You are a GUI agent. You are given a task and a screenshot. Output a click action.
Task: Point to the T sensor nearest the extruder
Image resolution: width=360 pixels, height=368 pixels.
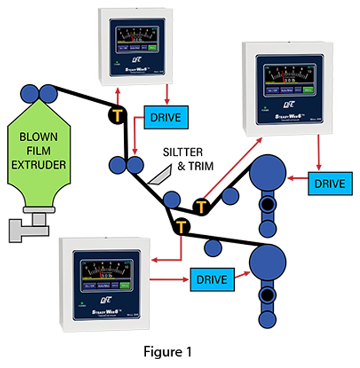[116, 115]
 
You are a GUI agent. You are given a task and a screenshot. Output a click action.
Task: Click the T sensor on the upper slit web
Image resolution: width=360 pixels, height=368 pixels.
[200, 206]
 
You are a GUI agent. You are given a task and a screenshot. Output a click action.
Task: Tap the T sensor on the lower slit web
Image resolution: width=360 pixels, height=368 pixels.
[181, 224]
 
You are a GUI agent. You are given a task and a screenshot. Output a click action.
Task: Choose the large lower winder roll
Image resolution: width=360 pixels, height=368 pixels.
[268, 260]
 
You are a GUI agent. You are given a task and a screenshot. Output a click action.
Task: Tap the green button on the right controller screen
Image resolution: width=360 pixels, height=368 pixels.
[308, 90]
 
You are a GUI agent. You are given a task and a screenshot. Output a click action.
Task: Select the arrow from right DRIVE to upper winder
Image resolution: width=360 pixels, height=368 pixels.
[297, 179]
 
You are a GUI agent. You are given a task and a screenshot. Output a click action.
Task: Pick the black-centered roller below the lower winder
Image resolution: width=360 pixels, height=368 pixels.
[268, 296]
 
